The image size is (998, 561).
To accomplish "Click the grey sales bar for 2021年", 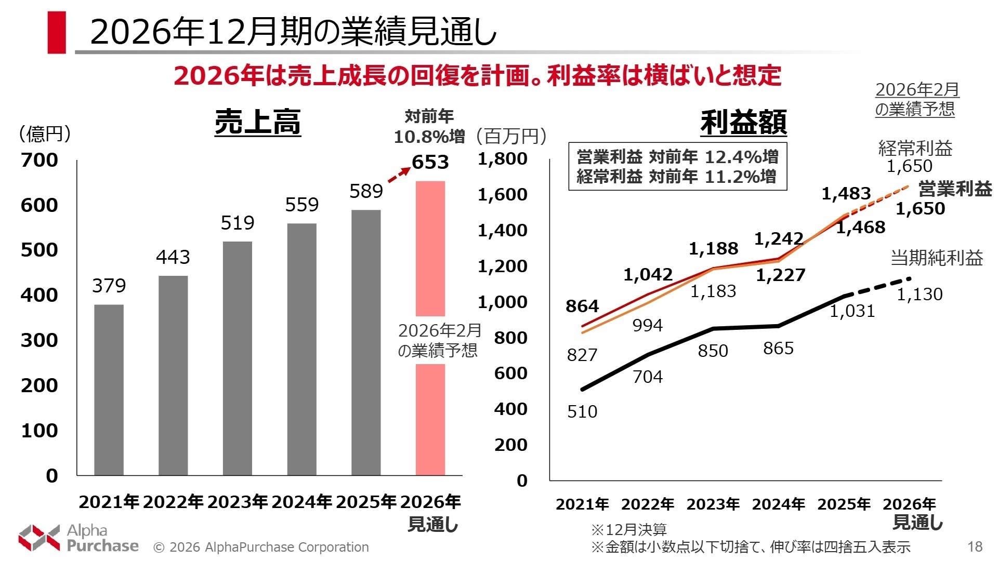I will (x=109, y=390).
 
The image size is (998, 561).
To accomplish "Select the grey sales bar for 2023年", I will (x=237, y=358).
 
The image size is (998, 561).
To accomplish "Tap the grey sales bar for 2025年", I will (x=366, y=343).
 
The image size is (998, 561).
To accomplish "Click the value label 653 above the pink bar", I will (x=430, y=162).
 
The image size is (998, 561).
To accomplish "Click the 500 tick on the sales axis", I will (x=39, y=250).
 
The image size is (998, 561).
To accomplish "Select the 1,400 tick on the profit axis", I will (x=502, y=230).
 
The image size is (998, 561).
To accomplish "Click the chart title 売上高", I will (x=257, y=123).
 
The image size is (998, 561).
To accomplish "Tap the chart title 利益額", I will (x=743, y=123).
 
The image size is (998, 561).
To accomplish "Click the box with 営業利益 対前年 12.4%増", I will (x=677, y=166).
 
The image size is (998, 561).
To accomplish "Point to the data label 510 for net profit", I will (x=582, y=411).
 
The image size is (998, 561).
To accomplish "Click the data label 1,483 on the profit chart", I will (x=846, y=194).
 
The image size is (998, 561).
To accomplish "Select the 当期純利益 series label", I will (x=937, y=258).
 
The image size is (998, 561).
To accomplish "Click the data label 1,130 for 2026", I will (x=919, y=295).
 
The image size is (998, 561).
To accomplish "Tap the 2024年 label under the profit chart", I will (x=778, y=504).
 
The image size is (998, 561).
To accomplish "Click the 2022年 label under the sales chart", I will (x=173, y=502).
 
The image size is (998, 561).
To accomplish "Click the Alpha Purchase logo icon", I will (x=39, y=538).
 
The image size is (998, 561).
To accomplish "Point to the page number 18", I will (x=975, y=546).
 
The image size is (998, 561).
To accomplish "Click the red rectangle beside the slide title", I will (x=57, y=32).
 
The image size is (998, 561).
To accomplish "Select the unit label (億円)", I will (x=45, y=134).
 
